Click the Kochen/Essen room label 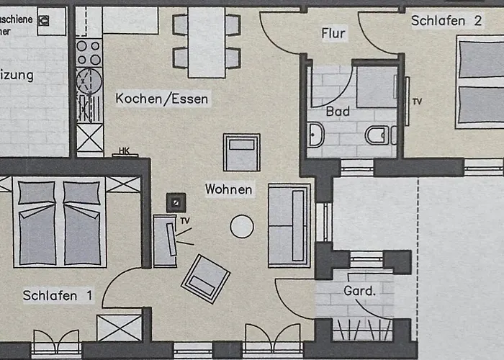163,99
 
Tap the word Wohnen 228,189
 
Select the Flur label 333,33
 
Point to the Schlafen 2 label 446,21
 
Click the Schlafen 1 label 58,295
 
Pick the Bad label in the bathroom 338,112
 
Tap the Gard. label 361,292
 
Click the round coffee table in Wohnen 241,228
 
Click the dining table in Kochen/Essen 206,42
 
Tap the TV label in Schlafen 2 417,102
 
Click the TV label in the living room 185,220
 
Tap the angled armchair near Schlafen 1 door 205,279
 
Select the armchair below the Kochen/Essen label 241,152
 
